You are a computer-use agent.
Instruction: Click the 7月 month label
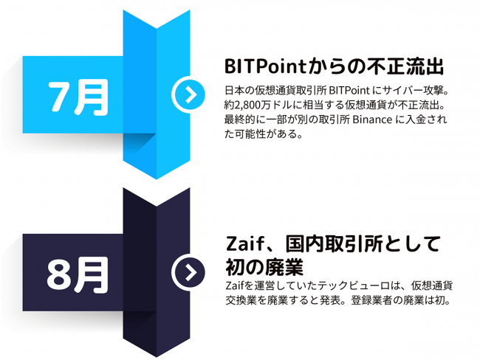click(x=78, y=97)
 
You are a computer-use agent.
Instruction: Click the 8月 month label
click(x=78, y=275)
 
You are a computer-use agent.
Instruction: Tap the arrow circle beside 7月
click(x=188, y=95)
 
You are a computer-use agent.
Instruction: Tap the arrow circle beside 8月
click(x=188, y=272)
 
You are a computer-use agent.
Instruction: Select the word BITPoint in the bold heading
click(x=265, y=66)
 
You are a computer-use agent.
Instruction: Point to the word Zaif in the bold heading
click(x=244, y=244)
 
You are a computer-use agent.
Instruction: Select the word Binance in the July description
click(x=372, y=120)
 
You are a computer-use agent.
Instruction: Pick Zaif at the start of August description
click(x=236, y=285)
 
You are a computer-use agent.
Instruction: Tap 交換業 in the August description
click(x=241, y=300)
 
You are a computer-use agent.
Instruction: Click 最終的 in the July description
click(x=240, y=120)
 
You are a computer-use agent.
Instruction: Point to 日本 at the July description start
click(x=235, y=91)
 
